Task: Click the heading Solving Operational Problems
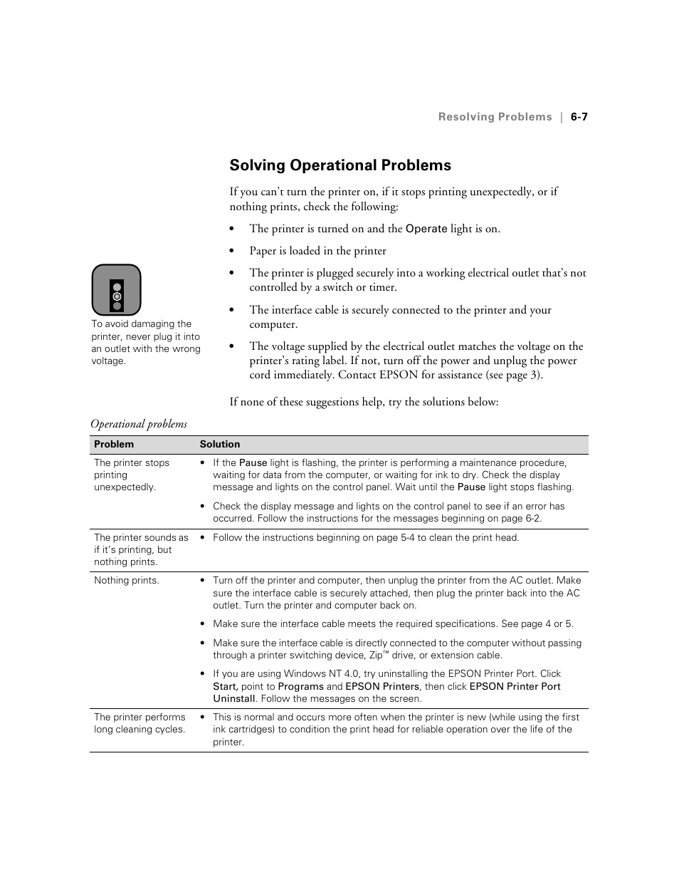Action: coord(339,165)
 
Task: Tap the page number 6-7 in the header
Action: coord(579,117)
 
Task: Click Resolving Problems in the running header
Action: coord(495,117)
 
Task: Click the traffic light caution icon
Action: coord(117,290)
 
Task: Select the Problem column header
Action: coord(114,444)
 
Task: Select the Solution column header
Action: coord(220,444)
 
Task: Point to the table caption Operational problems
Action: coord(139,424)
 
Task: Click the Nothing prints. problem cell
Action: coord(127,581)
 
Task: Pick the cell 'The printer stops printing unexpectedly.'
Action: coord(132,475)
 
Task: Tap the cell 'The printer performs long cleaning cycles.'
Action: coord(140,723)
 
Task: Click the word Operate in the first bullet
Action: coord(426,229)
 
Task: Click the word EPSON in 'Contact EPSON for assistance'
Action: coord(399,375)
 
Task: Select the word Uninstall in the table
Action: coord(233,699)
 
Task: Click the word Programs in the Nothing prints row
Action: coord(300,687)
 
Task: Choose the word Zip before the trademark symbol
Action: coord(376,656)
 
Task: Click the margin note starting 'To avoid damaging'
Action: coord(146,342)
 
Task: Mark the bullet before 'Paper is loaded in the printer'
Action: coord(231,251)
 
